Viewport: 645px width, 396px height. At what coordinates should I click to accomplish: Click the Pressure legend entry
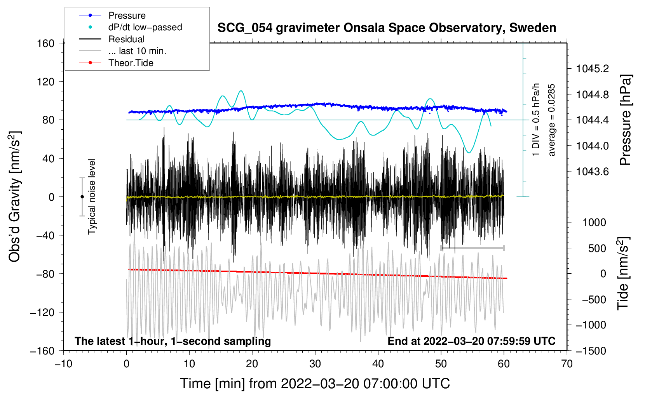pos(113,15)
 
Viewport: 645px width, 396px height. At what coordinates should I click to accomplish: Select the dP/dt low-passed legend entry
pos(131,27)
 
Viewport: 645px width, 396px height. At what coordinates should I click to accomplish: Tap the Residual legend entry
pos(112,39)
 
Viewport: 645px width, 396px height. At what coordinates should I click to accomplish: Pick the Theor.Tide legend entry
pos(116,63)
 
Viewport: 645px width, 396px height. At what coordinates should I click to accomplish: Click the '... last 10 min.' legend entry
pos(123,51)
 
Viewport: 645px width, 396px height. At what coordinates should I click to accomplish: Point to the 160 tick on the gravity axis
pos(46,43)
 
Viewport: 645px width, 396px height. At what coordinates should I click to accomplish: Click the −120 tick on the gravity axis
pos(43,312)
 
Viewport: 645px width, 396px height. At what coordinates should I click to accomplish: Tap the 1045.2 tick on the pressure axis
pos(593,69)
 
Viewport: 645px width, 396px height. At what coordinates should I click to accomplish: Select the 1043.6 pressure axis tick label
pos(593,172)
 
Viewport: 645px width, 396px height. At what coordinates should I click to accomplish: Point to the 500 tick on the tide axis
pos(597,248)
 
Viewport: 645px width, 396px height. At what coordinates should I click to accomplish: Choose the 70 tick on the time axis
pos(567,364)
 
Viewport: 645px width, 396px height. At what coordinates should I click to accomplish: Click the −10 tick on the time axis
pos(63,364)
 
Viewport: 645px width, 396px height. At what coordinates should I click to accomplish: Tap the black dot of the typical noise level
pos(82,197)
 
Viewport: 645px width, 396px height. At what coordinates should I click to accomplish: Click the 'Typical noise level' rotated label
pos(92,197)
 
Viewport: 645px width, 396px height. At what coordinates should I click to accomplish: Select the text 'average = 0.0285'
pos(551,120)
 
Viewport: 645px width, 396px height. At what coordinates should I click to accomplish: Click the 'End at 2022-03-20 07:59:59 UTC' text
pos(471,341)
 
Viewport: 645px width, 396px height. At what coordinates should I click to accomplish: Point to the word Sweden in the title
pos(533,28)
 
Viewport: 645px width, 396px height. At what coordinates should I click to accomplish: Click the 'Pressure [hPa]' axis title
pos(625,120)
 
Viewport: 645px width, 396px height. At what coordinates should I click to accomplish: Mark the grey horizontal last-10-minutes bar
pos(472,248)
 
